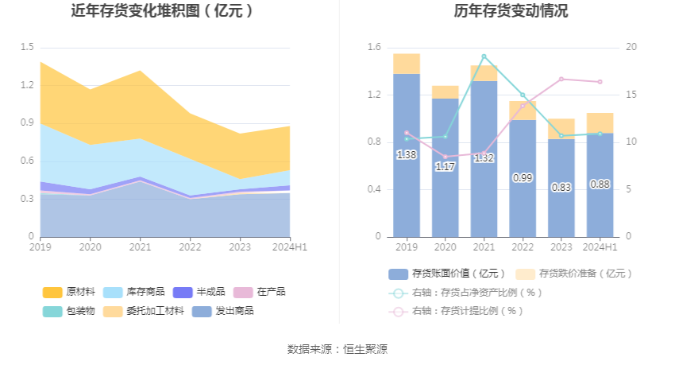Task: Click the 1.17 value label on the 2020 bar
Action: (445, 167)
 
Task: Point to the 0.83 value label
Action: (561, 188)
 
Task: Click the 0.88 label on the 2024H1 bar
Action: (600, 184)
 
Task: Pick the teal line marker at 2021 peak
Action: (484, 56)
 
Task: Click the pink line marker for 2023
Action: (561, 79)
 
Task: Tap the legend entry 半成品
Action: (210, 292)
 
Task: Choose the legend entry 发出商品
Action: (234, 311)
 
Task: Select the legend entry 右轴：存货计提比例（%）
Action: (466, 311)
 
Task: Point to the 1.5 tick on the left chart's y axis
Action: (27, 48)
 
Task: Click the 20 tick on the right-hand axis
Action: (631, 48)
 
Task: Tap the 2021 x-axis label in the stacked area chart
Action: (140, 247)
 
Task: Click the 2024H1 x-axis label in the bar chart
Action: (600, 247)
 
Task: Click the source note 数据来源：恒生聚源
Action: (337, 349)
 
